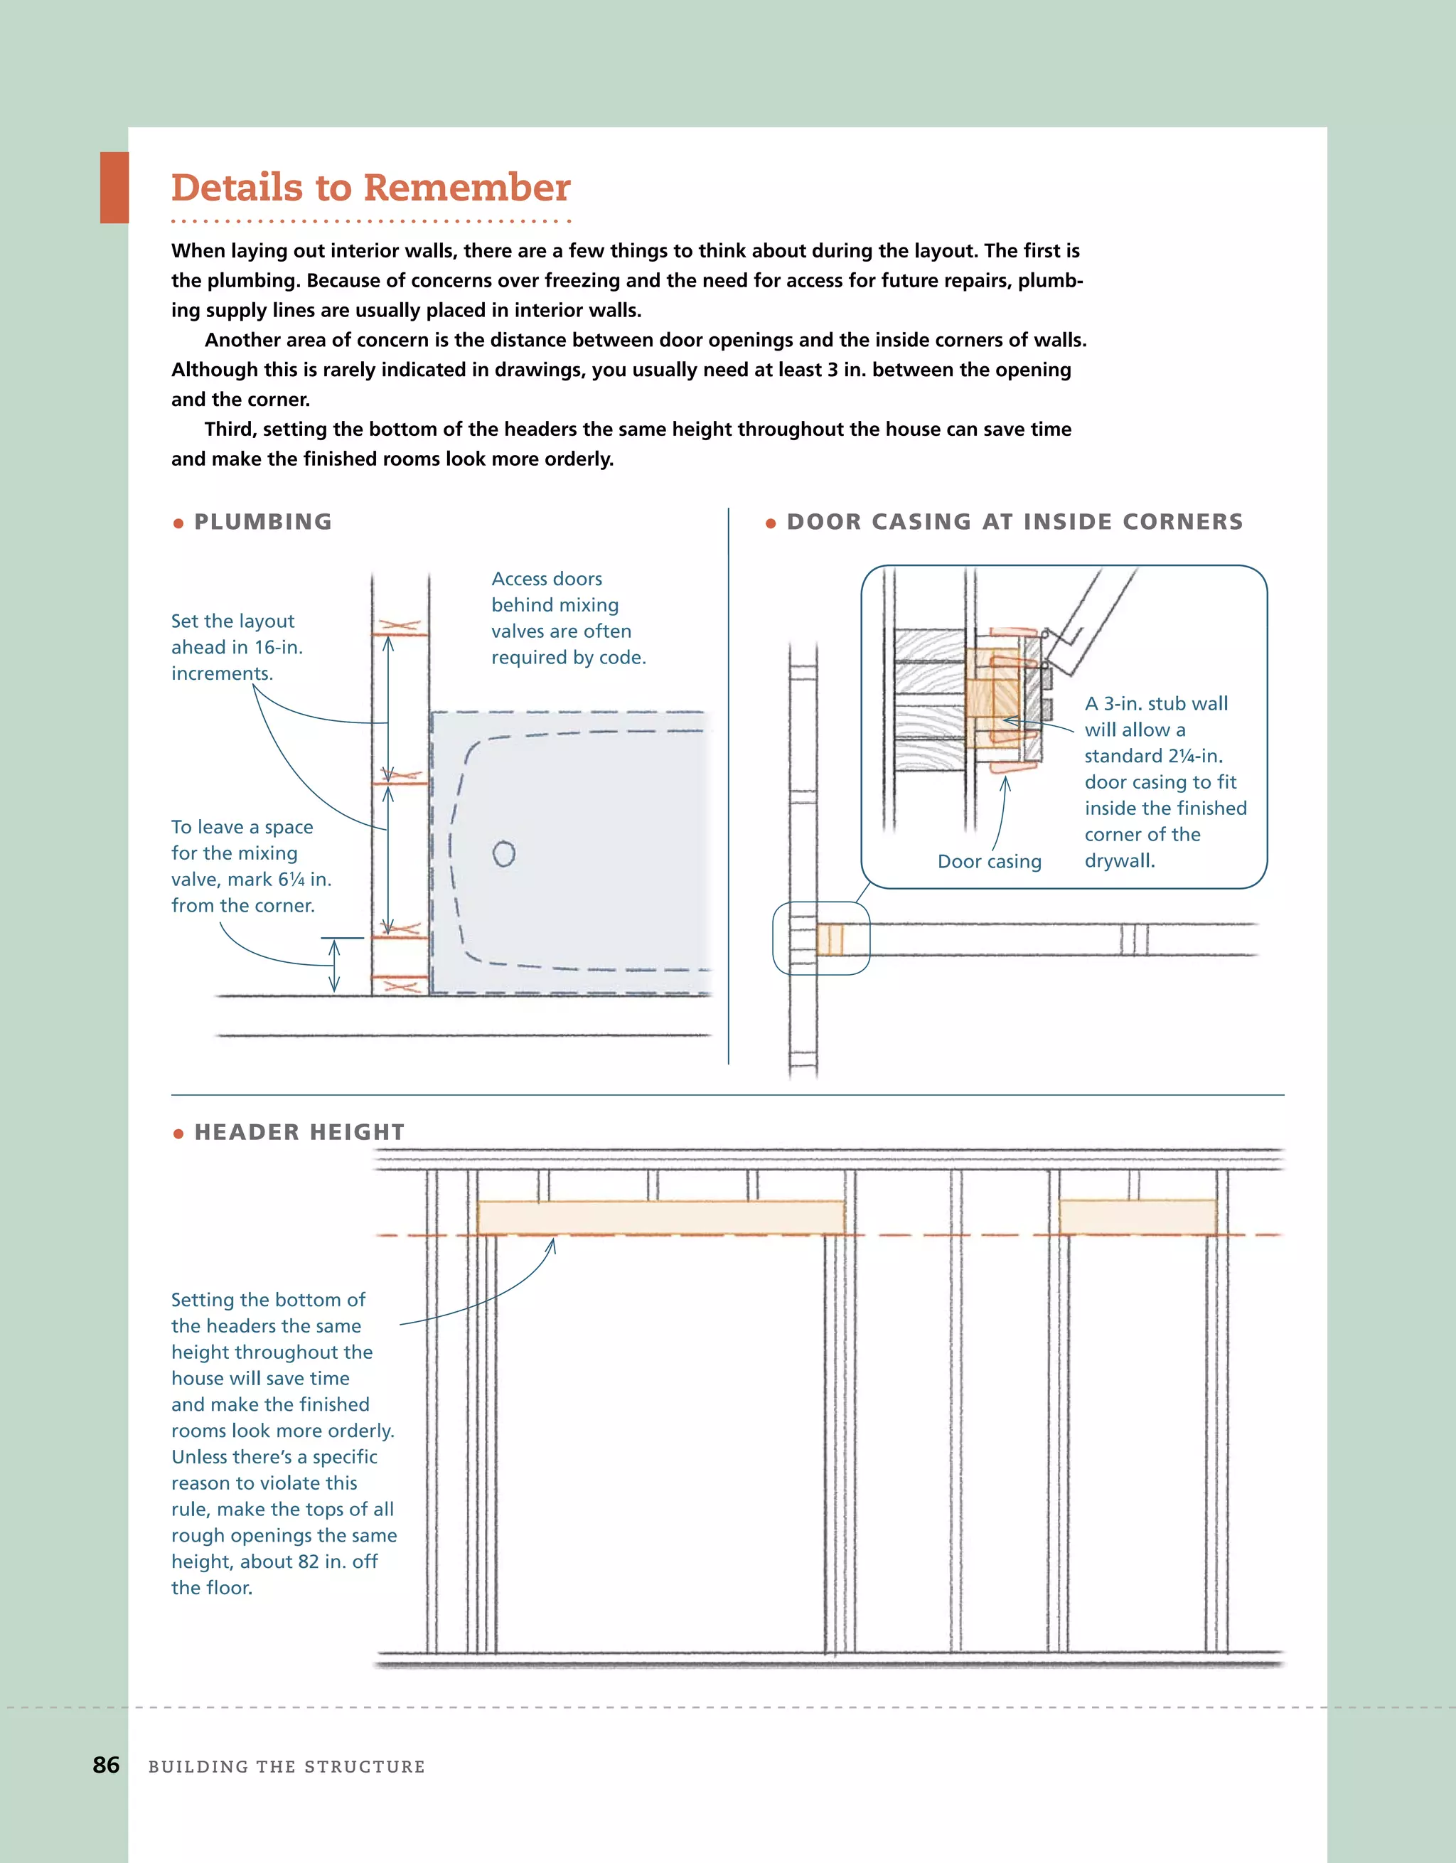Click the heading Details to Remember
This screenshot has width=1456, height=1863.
point(370,188)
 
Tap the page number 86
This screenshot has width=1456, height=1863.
point(106,1765)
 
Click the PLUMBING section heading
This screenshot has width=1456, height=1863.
point(263,521)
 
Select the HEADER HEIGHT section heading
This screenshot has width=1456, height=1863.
point(299,1132)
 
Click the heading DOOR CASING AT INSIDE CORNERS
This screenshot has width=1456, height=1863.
point(1015,521)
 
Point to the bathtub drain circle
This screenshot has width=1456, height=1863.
point(504,853)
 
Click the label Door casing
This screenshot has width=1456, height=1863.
point(990,862)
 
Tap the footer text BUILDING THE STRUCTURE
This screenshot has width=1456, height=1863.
point(287,1766)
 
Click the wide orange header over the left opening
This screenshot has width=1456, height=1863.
point(660,1217)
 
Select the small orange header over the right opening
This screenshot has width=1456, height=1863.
point(1137,1217)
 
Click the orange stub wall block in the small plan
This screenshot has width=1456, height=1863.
point(830,939)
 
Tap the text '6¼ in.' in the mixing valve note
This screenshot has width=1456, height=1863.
point(304,880)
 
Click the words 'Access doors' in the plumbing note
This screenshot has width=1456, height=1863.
point(547,580)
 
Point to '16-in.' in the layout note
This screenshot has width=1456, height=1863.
point(278,648)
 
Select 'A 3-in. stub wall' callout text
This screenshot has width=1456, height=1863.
point(1156,704)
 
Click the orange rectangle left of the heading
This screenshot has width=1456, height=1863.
point(114,188)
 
